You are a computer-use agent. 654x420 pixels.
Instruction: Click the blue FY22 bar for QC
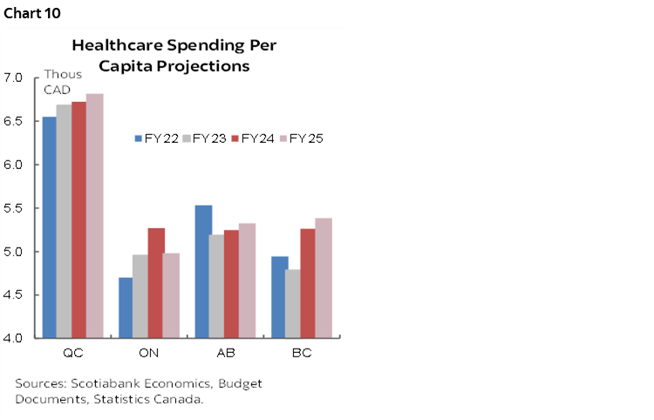pyautogui.click(x=50, y=227)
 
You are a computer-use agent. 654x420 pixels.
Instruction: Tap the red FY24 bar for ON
pyautogui.click(x=156, y=282)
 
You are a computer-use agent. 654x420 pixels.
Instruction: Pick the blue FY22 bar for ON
pyautogui.click(x=126, y=308)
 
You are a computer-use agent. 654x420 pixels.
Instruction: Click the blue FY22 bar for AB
pyautogui.click(x=202, y=271)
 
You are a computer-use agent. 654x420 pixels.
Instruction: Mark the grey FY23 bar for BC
pyautogui.click(x=293, y=303)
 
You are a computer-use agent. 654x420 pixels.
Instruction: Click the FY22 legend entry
pyautogui.click(x=159, y=139)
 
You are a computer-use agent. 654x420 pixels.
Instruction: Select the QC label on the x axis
pyautogui.click(x=72, y=354)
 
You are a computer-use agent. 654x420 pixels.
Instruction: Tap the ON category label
pyautogui.click(x=148, y=354)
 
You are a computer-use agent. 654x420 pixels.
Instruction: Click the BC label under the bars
pyautogui.click(x=301, y=354)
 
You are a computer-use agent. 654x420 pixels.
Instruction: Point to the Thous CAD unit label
pyautogui.click(x=63, y=81)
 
